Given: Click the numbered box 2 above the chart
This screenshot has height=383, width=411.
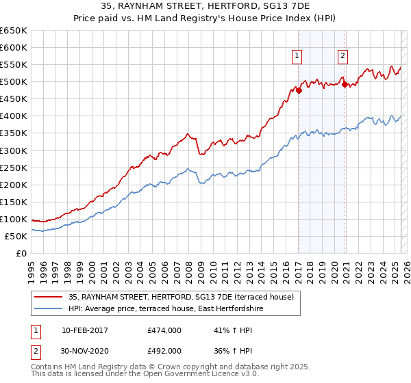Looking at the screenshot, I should (x=342, y=57).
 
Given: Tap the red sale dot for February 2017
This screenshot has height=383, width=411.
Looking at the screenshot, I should (x=299, y=90).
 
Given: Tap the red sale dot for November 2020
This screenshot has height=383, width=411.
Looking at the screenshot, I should (x=345, y=85).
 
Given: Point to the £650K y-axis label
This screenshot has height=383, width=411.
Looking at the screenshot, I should (x=13, y=31).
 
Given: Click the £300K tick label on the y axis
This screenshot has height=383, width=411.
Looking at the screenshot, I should (x=13, y=150).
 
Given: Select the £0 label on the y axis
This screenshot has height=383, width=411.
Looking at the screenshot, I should (x=21, y=253).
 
